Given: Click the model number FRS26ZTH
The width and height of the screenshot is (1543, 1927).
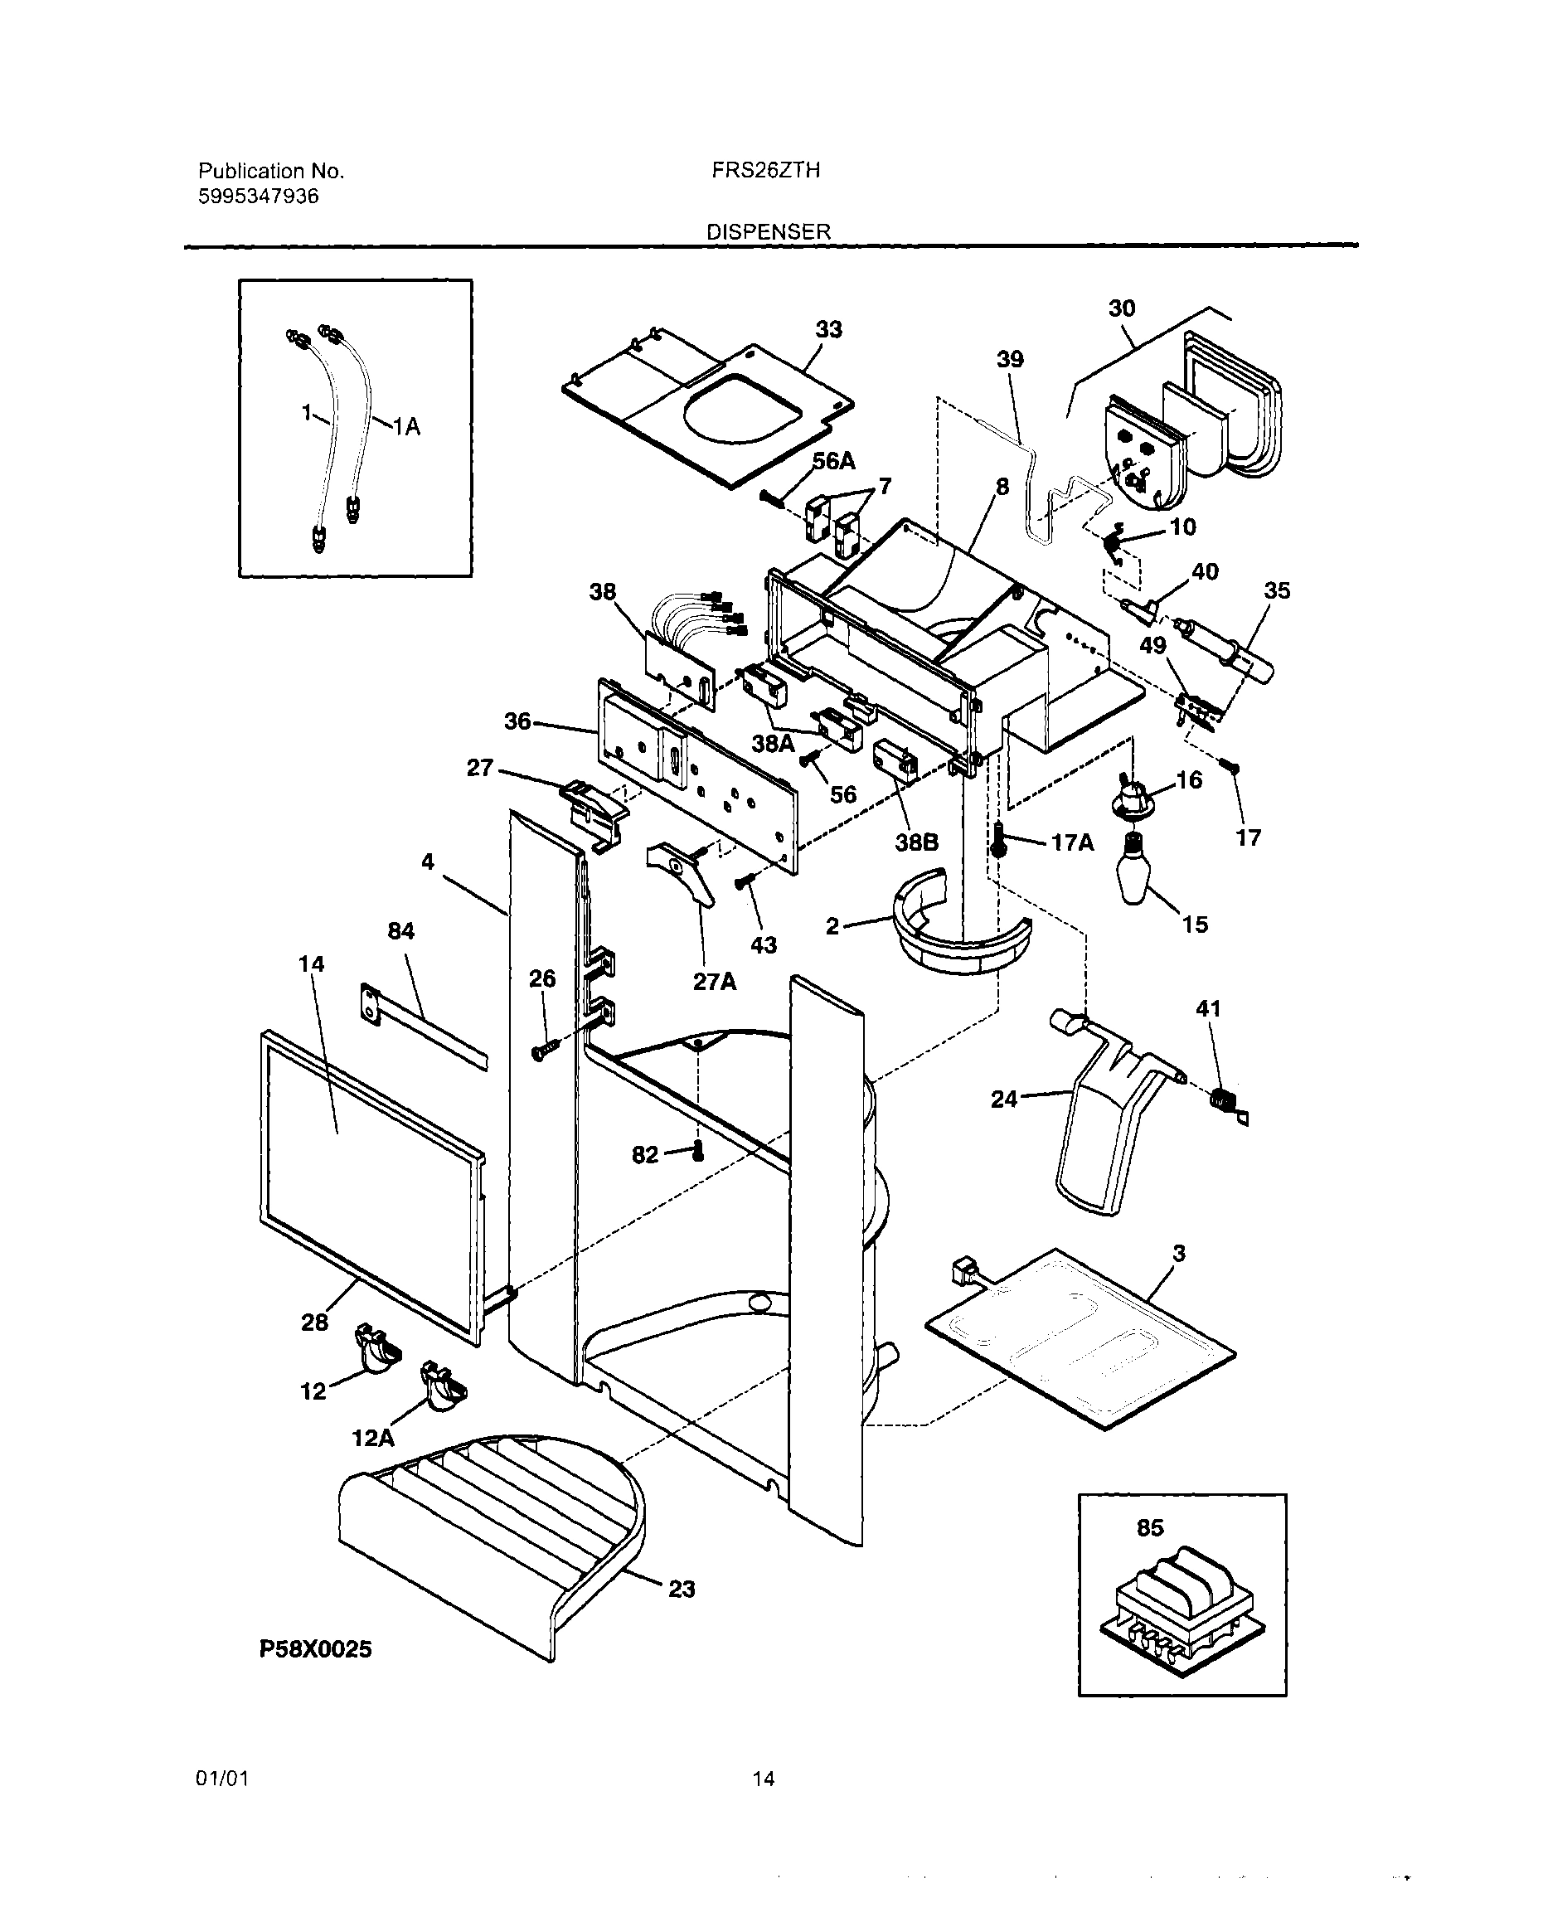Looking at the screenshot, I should (x=765, y=170).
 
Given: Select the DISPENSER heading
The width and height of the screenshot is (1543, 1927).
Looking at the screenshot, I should (x=768, y=231).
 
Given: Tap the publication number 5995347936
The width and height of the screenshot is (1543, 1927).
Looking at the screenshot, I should (x=258, y=197).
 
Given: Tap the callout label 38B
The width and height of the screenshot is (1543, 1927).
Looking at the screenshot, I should (x=916, y=842).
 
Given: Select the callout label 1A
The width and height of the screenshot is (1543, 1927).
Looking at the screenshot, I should (x=407, y=427).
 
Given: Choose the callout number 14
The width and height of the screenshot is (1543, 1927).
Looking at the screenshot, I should (x=311, y=964).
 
